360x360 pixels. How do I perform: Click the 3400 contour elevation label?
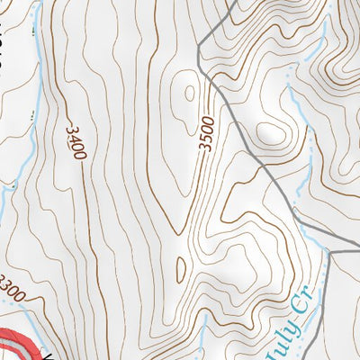(76, 143)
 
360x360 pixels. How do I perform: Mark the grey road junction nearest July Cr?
(329, 253)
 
